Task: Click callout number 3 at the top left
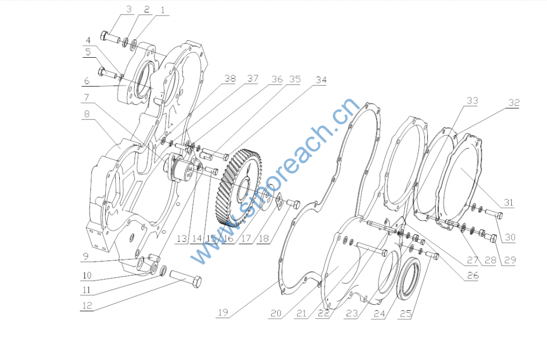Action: click(x=129, y=9)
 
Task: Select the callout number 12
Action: click(x=87, y=306)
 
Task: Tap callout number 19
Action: click(x=223, y=312)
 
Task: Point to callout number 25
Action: click(x=405, y=313)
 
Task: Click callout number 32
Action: click(x=513, y=103)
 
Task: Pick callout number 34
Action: click(x=321, y=80)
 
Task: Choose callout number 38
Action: click(x=230, y=79)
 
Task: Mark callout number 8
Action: click(x=87, y=114)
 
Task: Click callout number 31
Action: click(x=509, y=203)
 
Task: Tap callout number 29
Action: click(x=510, y=260)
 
